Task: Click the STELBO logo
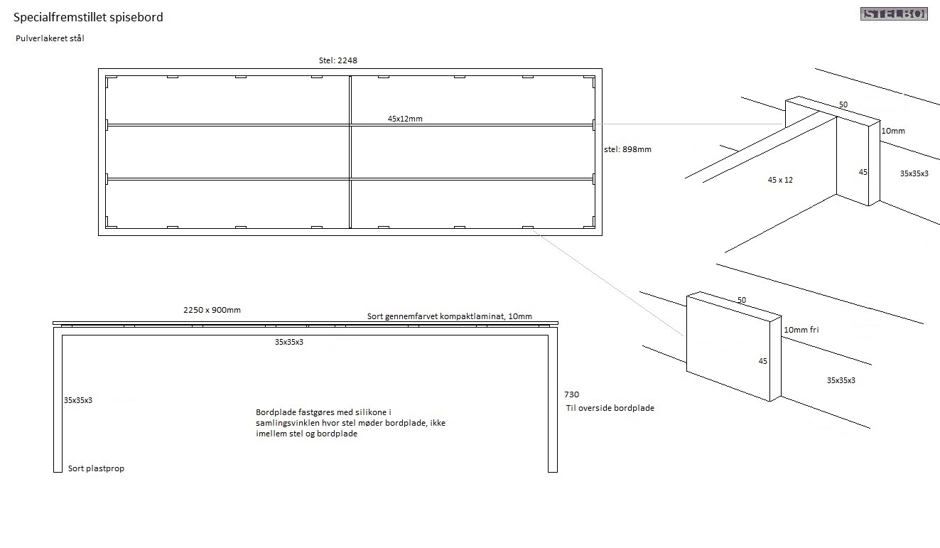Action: (x=894, y=14)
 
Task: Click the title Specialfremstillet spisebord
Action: (x=88, y=17)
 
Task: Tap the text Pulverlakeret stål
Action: (x=50, y=39)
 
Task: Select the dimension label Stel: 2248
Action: (x=338, y=60)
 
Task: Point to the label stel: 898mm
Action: (x=627, y=150)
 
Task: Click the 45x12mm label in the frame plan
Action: (x=405, y=119)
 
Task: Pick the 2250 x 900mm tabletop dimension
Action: (x=212, y=310)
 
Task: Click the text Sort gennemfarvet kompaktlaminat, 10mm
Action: (x=449, y=316)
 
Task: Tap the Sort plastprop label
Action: (x=96, y=469)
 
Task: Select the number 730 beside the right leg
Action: (x=571, y=394)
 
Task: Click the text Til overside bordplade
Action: (x=610, y=408)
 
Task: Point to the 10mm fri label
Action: (x=802, y=330)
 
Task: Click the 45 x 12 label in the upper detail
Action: (x=780, y=180)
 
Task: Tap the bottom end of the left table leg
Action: (x=58, y=468)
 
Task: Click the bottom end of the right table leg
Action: (x=552, y=468)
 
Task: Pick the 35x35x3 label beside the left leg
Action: (x=78, y=400)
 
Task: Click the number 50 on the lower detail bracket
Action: (x=742, y=300)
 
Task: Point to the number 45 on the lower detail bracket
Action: (x=763, y=361)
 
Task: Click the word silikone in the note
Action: (x=370, y=412)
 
